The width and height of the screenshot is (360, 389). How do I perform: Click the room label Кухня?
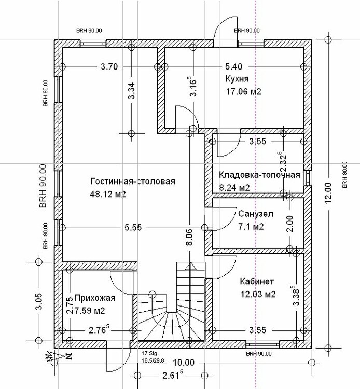[x=237, y=79]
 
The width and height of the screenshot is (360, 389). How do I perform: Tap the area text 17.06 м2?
[x=243, y=91]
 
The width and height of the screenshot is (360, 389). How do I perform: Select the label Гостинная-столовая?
[x=133, y=181]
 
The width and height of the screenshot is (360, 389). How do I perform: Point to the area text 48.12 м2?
[x=108, y=194]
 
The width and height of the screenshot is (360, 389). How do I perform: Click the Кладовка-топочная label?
[x=259, y=175]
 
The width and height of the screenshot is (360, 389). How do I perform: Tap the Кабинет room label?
[x=257, y=281]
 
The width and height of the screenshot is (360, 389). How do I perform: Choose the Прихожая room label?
[x=95, y=298]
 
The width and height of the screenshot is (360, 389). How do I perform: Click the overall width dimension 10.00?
[x=184, y=363]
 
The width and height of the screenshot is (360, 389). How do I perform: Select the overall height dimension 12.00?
[x=328, y=193]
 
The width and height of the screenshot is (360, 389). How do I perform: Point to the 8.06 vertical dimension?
[x=189, y=237]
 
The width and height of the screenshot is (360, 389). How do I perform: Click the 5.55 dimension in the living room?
[x=133, y=227]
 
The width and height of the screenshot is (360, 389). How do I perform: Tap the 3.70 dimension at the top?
[x=109, y=67]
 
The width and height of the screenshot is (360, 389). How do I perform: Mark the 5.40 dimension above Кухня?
[x=234, y=67]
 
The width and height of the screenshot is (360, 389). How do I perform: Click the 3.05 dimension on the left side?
[x=39, y=301]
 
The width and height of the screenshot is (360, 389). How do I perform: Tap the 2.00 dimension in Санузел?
[x=289, y=224]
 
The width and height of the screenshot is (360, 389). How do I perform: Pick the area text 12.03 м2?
[x=258, y=294]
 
